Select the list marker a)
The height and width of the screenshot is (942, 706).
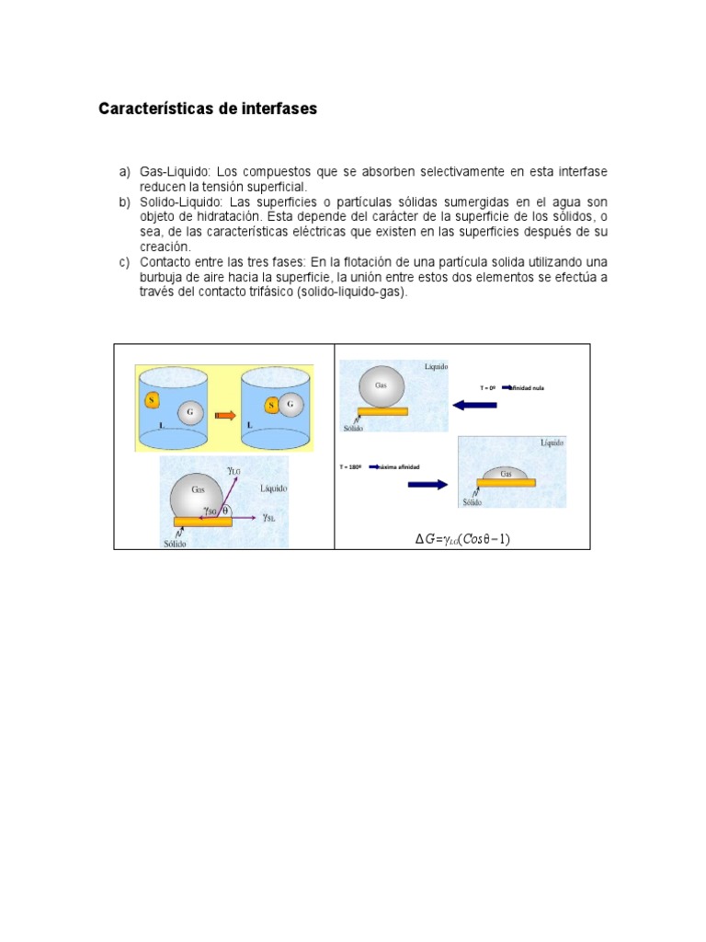tap(125, 172)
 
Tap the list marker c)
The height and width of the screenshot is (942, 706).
tap(125, 262)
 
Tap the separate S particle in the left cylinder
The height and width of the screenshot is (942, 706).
tap(151, 400)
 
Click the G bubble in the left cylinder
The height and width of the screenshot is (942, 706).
tap(190, 412)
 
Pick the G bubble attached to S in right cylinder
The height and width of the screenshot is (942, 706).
tap(291, 405)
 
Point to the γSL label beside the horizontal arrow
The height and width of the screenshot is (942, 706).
tap(268, 518)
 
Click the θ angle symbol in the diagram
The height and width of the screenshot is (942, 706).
tap(224, 509)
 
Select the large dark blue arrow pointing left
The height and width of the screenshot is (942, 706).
tap(474, 405)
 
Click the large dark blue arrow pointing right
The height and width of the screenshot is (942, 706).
tap(427, 484)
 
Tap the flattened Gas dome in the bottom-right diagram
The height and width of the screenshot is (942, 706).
tap(506, 474)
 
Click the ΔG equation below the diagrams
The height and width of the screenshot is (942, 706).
tap(461, 539)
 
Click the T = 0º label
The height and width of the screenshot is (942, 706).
tap(488, 388)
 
